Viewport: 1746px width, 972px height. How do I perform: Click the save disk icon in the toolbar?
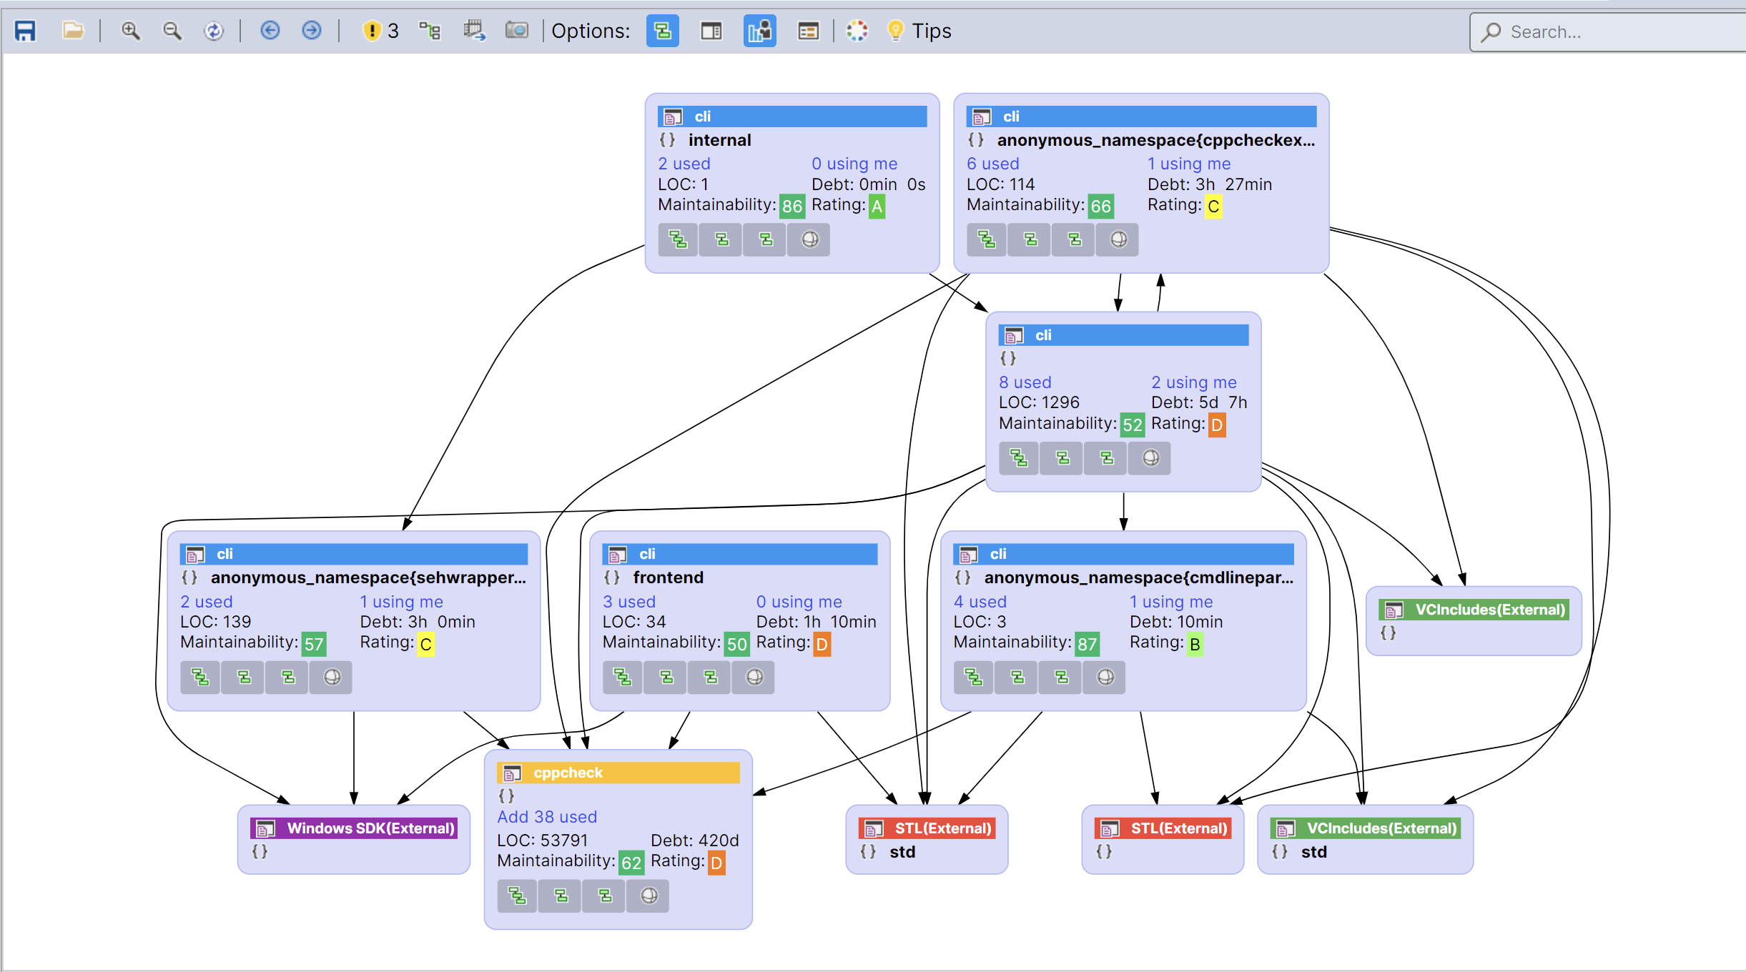[x=25, y=31]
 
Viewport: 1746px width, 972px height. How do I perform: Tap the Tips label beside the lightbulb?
[x=931, y=31]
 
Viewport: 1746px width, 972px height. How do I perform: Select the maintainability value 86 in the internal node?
[x=791, y=207]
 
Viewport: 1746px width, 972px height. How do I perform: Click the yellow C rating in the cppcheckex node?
[x=1213, y=207]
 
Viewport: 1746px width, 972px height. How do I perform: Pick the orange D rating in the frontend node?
[x=822, y=645]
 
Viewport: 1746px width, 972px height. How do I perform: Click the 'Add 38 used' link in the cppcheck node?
[x=546, y=817]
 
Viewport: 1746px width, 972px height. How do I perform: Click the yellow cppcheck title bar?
[x=618, y=773]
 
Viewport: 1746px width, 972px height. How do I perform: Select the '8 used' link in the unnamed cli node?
[x=1025, y=382]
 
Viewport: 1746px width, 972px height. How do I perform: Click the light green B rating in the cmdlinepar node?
[x=1194, y=644]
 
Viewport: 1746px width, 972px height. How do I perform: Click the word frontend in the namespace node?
[x=668, y=577]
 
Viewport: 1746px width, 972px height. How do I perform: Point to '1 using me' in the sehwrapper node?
[x=401, y=602]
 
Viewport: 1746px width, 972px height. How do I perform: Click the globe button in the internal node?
[x=809, y=239]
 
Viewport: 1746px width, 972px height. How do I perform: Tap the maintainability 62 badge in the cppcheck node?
[x=631, y=863]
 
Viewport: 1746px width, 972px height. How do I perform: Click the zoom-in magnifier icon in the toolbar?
[x=130, y=31]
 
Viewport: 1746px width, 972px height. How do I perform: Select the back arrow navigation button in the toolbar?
[x=270, y=31]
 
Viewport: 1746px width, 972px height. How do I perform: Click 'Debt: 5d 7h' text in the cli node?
[x=1198, y=402]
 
